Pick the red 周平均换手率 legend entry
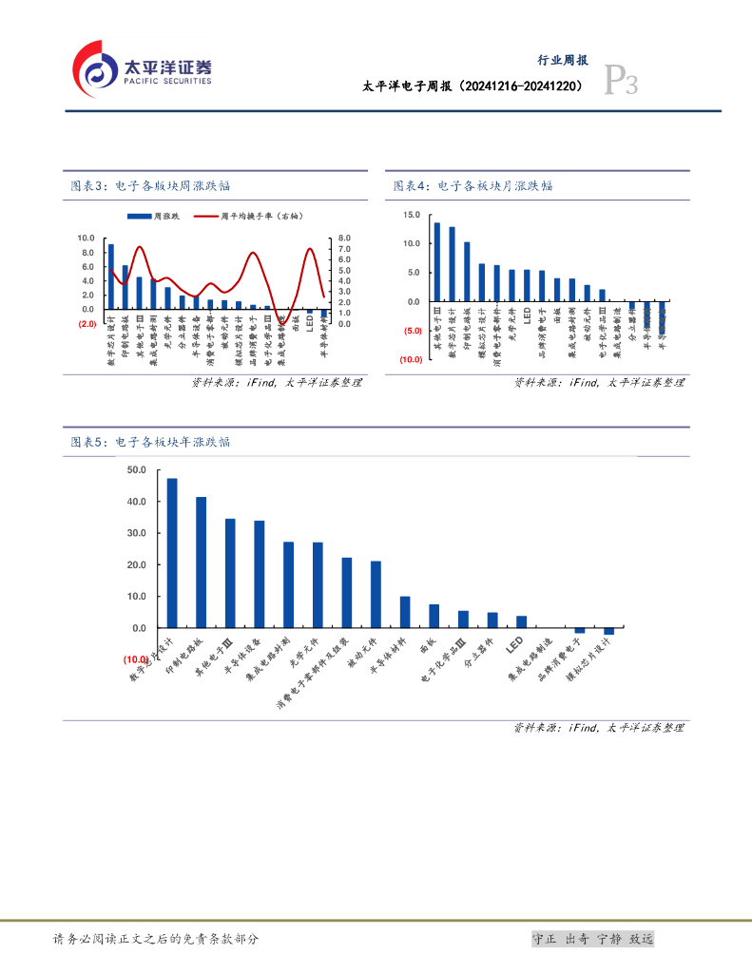pos(249,217)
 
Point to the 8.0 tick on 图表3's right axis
pos(344,238)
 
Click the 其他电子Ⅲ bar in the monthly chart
pos(436,262)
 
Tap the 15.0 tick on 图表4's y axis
pos(411,215)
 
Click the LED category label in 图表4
pos(527,312)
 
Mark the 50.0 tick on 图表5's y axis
pos(135,470)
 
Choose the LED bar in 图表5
pos(521,621)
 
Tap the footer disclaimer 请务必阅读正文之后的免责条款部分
pos(156,939)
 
